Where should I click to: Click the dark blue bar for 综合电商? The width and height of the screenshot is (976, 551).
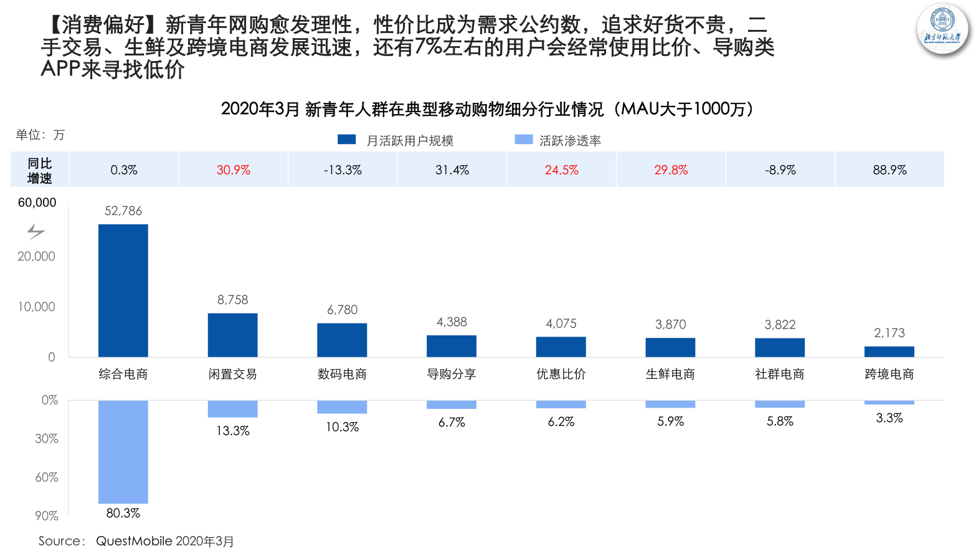click(x=123, y=290)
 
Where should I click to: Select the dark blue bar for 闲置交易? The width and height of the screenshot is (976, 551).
click(x=232, y=335)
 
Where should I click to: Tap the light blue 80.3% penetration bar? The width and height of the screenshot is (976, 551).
click(x=123, y=451)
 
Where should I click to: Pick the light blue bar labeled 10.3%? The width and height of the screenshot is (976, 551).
click(x=342, y=407)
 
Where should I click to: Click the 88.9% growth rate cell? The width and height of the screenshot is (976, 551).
click(x=889, y=170)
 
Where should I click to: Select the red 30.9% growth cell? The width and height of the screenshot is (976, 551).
click(x=233, y=170)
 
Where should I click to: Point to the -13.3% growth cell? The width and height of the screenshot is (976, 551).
click(x=343, y=170)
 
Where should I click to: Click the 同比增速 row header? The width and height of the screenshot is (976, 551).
click(x=39, y=170)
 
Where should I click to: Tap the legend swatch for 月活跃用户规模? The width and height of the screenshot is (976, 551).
click(x=346, y=140)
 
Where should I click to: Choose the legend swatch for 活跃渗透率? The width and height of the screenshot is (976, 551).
click(x=524, y=140)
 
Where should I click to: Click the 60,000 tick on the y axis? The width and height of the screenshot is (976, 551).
click(x=37, y=203)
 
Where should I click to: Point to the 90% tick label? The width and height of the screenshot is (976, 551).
click(x=46, y=515)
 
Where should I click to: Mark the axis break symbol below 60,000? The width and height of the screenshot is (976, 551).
click(x=36, y=232)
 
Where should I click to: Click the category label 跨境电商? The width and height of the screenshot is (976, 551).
click(x=889, y=374)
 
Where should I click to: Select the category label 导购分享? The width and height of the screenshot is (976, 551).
click(x=452, y=374)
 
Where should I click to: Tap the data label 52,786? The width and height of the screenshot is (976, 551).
click(x=123, y=211)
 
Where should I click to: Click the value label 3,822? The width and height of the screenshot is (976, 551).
click(x=780, y=325)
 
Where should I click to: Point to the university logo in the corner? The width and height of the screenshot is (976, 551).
click(x=942, y=30)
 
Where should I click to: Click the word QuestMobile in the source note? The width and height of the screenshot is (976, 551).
click(x=134, y=541)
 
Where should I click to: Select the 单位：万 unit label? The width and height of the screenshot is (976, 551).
click(x=40, y=135)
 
